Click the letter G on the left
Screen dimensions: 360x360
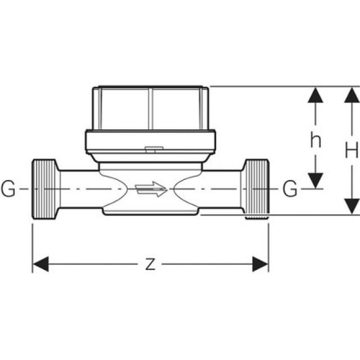pos(8,190)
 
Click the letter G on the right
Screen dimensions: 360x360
pos(290,190)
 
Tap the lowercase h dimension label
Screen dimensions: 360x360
pos(316,140)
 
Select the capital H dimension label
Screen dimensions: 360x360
pos(352,150)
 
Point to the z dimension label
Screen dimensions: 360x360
pos(150,264)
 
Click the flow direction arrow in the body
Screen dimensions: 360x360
pos(151,190)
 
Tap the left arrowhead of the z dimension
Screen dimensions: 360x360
pos(40,264)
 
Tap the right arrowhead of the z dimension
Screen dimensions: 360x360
pos(260,264)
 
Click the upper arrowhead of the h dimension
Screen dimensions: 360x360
pos(316,96)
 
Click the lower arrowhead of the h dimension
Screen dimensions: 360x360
pos(316,179)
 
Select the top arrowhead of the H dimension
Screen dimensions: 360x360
pos(352,96)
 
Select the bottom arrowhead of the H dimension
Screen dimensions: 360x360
pos(352,206)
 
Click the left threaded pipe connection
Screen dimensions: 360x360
pos(44,190)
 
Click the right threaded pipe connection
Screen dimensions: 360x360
pos(256,189)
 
